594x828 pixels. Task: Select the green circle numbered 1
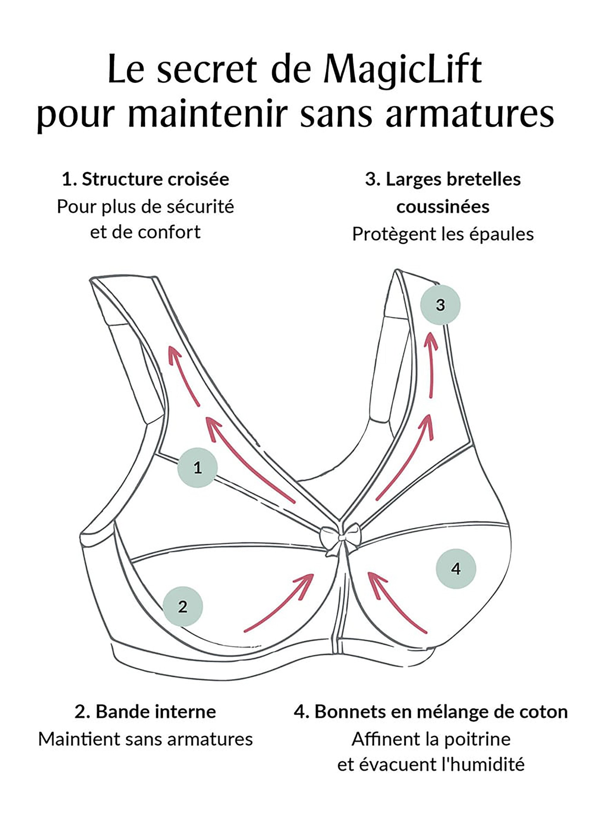(198, 467)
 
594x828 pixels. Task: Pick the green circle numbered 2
(182, 606)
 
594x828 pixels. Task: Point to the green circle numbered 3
(440, 305)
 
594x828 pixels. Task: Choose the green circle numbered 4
(456, 568)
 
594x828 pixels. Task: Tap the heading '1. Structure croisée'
(146, 179)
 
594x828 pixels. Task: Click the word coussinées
(443, 207)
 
